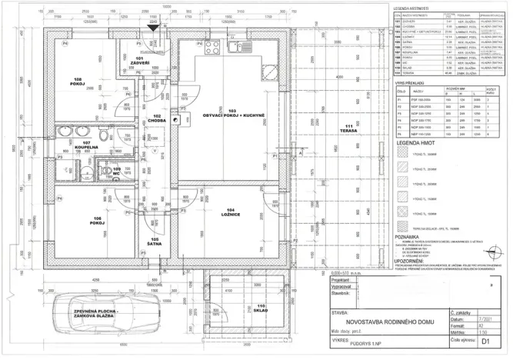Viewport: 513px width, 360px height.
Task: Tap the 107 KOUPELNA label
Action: tap(87, 145)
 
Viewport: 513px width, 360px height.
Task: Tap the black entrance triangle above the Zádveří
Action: tap(153, 28)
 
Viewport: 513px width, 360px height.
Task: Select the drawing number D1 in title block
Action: tap(485, 341)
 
